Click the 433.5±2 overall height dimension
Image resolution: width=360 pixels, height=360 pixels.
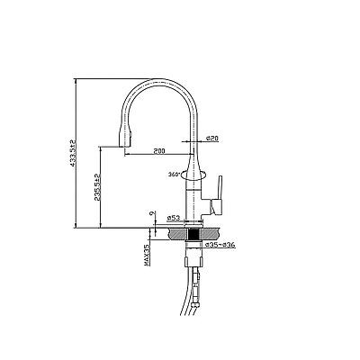click(x=72, y=153)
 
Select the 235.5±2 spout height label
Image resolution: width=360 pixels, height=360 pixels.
click(x=97, y=187)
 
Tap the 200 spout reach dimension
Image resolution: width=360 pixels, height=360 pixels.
click(x=159, y=151)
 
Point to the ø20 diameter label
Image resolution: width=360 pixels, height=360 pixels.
click(x=212, y=138)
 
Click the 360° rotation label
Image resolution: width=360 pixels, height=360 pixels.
click(x=174, y=174)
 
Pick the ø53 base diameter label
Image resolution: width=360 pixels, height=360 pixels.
click(x=174, y=218)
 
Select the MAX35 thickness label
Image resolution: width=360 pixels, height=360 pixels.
click(x=147, y=255)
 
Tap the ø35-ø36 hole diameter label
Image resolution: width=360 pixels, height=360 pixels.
click(x=220, y=245)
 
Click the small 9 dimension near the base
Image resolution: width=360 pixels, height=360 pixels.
click(x=152, y=213)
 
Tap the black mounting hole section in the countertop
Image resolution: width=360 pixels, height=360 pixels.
click(x=193, y=233)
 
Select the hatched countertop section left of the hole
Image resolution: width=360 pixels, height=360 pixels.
click(x=178, y=233)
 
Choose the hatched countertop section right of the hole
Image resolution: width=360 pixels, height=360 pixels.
click(x=210, y=233)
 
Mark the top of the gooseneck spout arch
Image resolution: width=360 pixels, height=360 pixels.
click(x=159, y=80)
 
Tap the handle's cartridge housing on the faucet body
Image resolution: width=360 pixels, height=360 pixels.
click(x=206, y=206)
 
